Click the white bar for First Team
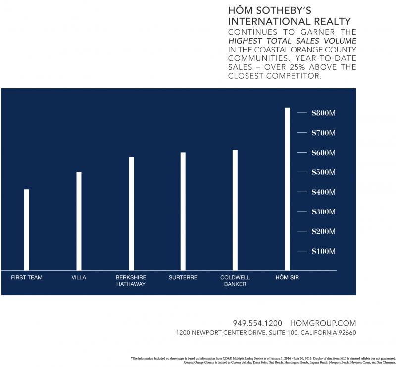tap(27, 229)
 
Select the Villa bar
tap(79, 220)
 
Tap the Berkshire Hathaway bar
tap(131, 213)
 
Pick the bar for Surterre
tap(183, 211)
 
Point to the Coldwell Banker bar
tap(235, 210)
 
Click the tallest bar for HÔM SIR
tap(287, 189)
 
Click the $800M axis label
tap(324, 113)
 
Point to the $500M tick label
tap(324, 172)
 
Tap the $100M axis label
tap(324, 251)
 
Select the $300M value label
tap(324, 212)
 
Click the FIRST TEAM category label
tap(27, 278)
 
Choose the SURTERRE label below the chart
tap(183, 278)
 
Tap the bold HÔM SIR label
tap(287, 278)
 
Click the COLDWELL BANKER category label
tap(235, 281)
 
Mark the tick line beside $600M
tap(302, 153)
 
